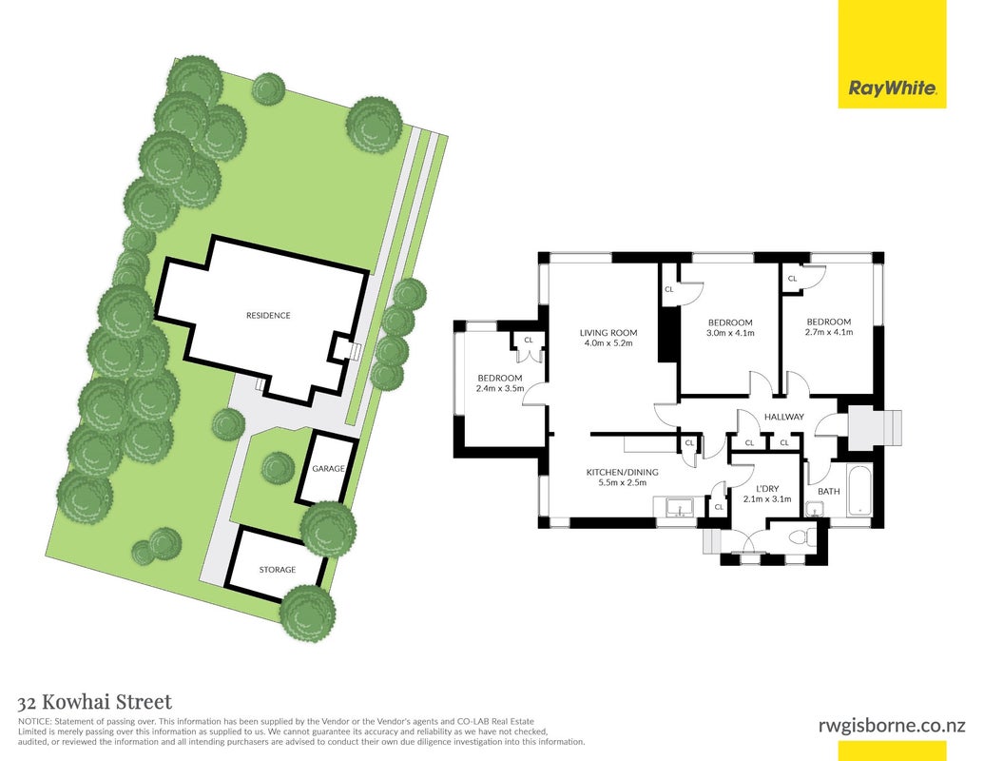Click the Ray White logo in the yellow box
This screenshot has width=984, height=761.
click(893, 88)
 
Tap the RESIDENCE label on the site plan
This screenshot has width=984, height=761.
click(268, 315)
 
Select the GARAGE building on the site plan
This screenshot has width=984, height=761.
click(327, 468)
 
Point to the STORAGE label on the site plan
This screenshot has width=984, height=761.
click(278, 570)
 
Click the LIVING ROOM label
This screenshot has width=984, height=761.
click(608, 333)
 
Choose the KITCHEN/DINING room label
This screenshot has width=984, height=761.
click(622, 472)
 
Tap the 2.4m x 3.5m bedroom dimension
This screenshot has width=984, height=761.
click(499, 389)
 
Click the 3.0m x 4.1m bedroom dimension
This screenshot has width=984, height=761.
click(730, 333)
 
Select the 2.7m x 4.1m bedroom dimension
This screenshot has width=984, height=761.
click(828, 332)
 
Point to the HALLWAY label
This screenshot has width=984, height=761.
click(783, 417)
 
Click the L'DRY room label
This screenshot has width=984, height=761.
click(767, 488)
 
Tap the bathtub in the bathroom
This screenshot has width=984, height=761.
click(859, 490)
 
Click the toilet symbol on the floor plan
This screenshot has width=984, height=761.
click(802, 537)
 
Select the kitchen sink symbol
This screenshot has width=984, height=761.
click(678, 506)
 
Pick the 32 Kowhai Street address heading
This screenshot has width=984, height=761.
click(95, 701)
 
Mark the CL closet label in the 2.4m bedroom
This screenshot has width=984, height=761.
click(528, 340)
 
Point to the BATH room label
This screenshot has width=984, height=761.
click(828, 491)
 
